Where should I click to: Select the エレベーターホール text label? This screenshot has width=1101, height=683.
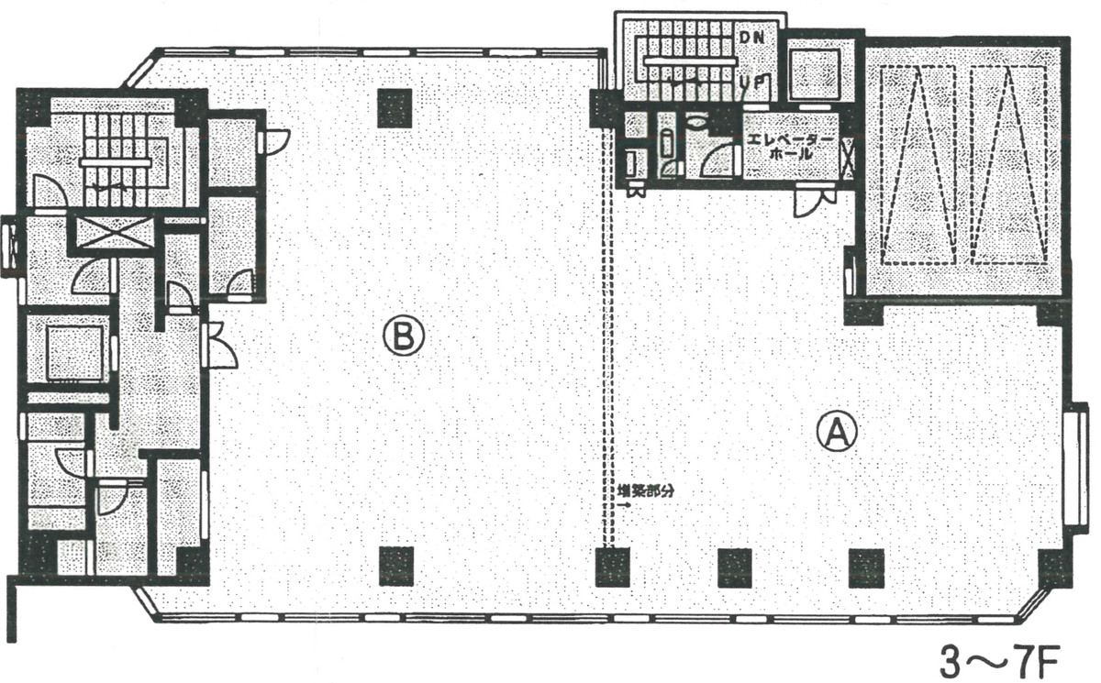click(791, 146)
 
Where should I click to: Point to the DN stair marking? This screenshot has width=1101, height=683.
click(753, 36)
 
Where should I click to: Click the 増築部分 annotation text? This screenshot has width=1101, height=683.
click(647, 490)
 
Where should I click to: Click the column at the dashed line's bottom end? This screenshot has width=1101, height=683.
click(612, 567)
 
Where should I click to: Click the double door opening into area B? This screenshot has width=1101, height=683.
click(220, 345)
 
